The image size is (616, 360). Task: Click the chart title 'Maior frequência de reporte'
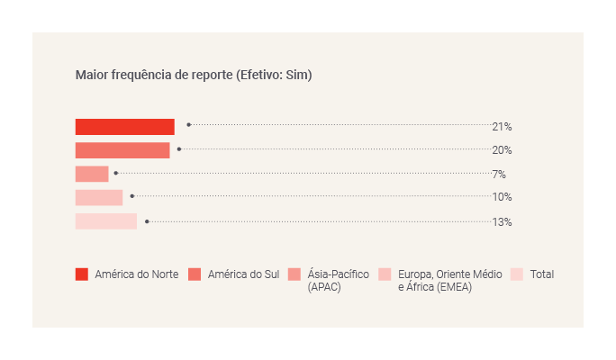(x=153, y=76)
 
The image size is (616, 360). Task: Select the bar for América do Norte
(x=124, y=127)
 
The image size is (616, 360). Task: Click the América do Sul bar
(x=122, y=150)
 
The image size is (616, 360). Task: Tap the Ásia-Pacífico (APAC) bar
(x=92, y=174)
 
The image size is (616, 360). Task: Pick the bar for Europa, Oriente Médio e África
(x=99, y=197)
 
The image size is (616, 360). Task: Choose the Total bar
(x=106, y=221)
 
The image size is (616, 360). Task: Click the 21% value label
(x=502, y=127)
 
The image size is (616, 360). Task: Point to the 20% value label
(x=502, y=150)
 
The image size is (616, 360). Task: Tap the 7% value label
(x=498, y=174)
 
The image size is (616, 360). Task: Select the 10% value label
(x=502, y=197)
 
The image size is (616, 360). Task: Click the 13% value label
(x=502, y=221)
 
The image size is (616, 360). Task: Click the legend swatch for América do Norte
(x=82, y=274)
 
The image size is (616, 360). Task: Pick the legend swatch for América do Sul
(x=195, y=274)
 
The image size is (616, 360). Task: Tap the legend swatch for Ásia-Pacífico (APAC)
(x=294, y=274)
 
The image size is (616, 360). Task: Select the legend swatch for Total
(x=517, y=274)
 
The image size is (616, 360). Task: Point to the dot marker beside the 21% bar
(x=188, y=125)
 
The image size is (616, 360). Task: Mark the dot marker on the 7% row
(x=116, y=173)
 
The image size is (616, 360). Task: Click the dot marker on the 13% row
(x=147, y=221)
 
